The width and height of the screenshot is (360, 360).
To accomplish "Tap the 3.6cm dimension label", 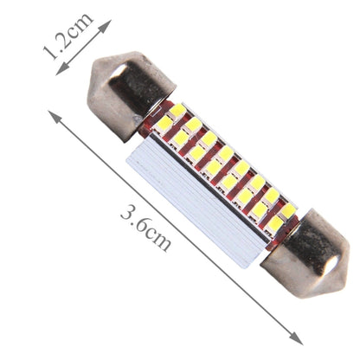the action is [145, 227].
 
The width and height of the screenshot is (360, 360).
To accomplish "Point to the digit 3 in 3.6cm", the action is [128, 213].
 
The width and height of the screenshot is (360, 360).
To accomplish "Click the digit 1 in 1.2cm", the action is [50, 53].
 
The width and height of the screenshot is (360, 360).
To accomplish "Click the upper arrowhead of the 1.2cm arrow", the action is [106, 25].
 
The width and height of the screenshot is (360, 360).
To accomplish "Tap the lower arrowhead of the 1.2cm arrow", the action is [62, 69].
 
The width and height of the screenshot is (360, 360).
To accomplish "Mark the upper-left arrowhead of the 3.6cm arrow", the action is [55, 117].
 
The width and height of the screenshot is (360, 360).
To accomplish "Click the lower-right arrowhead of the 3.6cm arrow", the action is [296, 338].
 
